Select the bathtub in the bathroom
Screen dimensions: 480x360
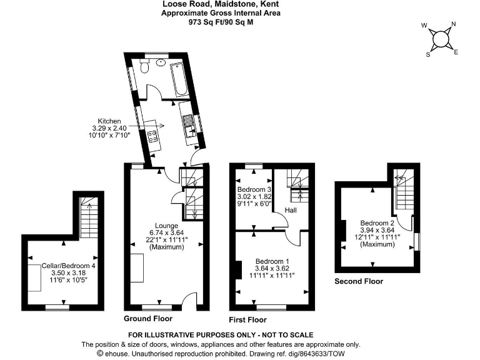click(x=181, y=79)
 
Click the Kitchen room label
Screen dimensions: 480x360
click(x=110, y=121)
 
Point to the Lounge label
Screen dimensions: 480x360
click(x=167, y=226)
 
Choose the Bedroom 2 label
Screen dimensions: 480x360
click(x=377, y=223)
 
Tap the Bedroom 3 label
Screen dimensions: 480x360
click(x=254, y=189)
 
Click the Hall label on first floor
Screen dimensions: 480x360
click(x=292, y=210)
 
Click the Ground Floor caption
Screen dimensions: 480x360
click(x=148, y=319)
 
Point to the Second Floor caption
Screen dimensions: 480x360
click(x=359, y=281)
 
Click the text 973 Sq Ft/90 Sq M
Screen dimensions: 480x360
click(x=221, y=21)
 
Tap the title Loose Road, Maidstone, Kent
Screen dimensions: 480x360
click(x=221, y=4)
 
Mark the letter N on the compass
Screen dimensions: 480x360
click(x=453, y=25)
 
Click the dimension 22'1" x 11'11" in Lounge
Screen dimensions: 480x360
click(x=167, y=240)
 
